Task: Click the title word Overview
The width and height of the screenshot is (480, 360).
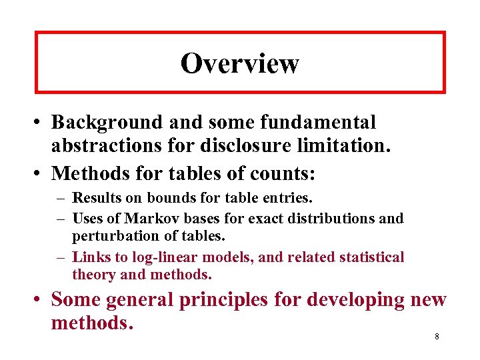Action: [240, 63]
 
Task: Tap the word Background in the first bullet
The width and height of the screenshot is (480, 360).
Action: [107, 123]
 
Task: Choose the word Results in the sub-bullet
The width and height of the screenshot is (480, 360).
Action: [93, 197]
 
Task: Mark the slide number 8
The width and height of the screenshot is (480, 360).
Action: [437, 336]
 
